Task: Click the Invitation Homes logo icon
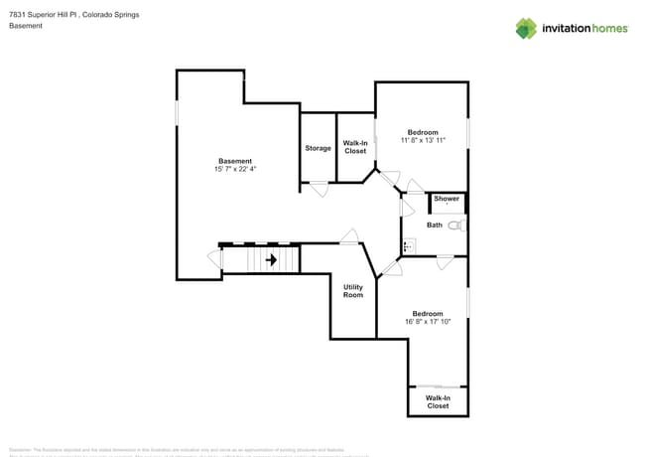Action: click(525, 28)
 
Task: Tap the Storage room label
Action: click(318, 148)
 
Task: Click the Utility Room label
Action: click(353, 291)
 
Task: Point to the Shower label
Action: click(447, 199)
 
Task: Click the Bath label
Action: click(435, 225)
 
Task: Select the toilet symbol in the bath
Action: click(455, 226)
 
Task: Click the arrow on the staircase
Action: click(270, 259)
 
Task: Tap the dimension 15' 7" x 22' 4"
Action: click(235, 169)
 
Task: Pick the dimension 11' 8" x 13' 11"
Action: click(423, 140)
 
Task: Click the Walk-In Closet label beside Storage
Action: click(355, 147)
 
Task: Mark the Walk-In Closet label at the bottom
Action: click(438, 401)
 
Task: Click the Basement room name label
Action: click(235, 160)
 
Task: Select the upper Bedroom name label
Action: click(423, 131)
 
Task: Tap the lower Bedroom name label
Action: click(427, 312)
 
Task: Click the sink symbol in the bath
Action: click(407, 245)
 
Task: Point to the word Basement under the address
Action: click(26, 26)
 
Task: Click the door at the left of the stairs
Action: click(214, 260)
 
